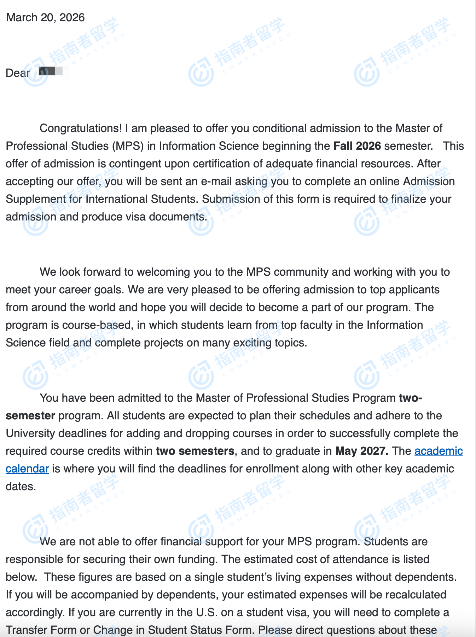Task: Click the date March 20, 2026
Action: pyautogui.click(x=46, y=17)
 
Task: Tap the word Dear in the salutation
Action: pyautogui.click(x=17, y=73)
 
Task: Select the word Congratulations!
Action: pyautogui.click(x=81, y=128)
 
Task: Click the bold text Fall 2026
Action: pyautogui.click(x=357, y=146)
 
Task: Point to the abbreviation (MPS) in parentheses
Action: pyautogui.click(x=128, y=146)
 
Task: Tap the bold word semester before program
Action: pyautogui.click(x=30, y=415)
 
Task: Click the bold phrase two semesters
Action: pyautogui.click(x=195, y=451)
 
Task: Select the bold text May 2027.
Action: pyautogui.click(x=361, y=451)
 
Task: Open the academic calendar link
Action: pyautogui.click(x=439, y=451)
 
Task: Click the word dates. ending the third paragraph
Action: pyautogui.click(x=21, y=486)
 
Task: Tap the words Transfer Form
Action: pyautogui.click(x=41, y=630)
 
